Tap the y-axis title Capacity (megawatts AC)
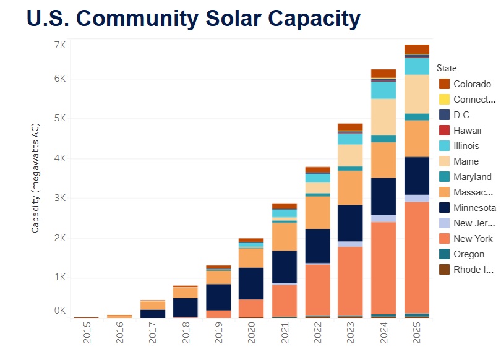point(35,178)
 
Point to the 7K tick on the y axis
point(60,46)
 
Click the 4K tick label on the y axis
point(60,159)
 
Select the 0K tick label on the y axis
point(60,311)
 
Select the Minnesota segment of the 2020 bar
point(251,283)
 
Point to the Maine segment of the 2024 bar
point(383,117)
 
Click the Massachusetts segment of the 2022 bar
point(317,212)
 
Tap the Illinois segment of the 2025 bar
point(417,66)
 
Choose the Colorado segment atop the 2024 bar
point(383,74)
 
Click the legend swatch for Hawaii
point(444,131)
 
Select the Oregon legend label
point(469,254)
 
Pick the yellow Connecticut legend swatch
point(444,100)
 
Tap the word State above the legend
point(447,68)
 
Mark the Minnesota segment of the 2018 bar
point(185,307)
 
